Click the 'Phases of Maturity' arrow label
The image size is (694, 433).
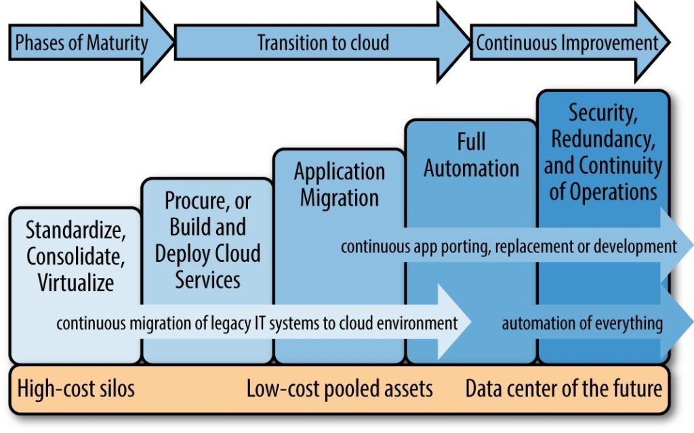click(82, 43)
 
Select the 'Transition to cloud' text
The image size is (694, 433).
click(323, 43)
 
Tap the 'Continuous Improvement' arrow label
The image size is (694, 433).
click(567, 43)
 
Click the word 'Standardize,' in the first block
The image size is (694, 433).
click(76, 230)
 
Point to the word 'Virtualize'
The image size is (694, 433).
click(76, 282)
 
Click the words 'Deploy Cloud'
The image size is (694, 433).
click(207, 254)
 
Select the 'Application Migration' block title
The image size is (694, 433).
click(340, 185)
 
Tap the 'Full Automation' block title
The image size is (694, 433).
click(472, 155)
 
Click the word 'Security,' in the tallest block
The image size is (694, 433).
click(603, 113)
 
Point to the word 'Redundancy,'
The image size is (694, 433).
click(603, 139)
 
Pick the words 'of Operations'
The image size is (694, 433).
click(603, 191)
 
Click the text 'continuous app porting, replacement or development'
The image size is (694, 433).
click(509, 246)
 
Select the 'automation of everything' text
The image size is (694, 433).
click(582, 323)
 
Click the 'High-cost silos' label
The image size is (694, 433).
click(76, 389)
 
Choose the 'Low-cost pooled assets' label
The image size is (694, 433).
click(340, 389)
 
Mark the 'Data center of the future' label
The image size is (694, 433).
click(564, 389)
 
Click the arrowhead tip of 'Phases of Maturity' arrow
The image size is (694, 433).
click(174, 43)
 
